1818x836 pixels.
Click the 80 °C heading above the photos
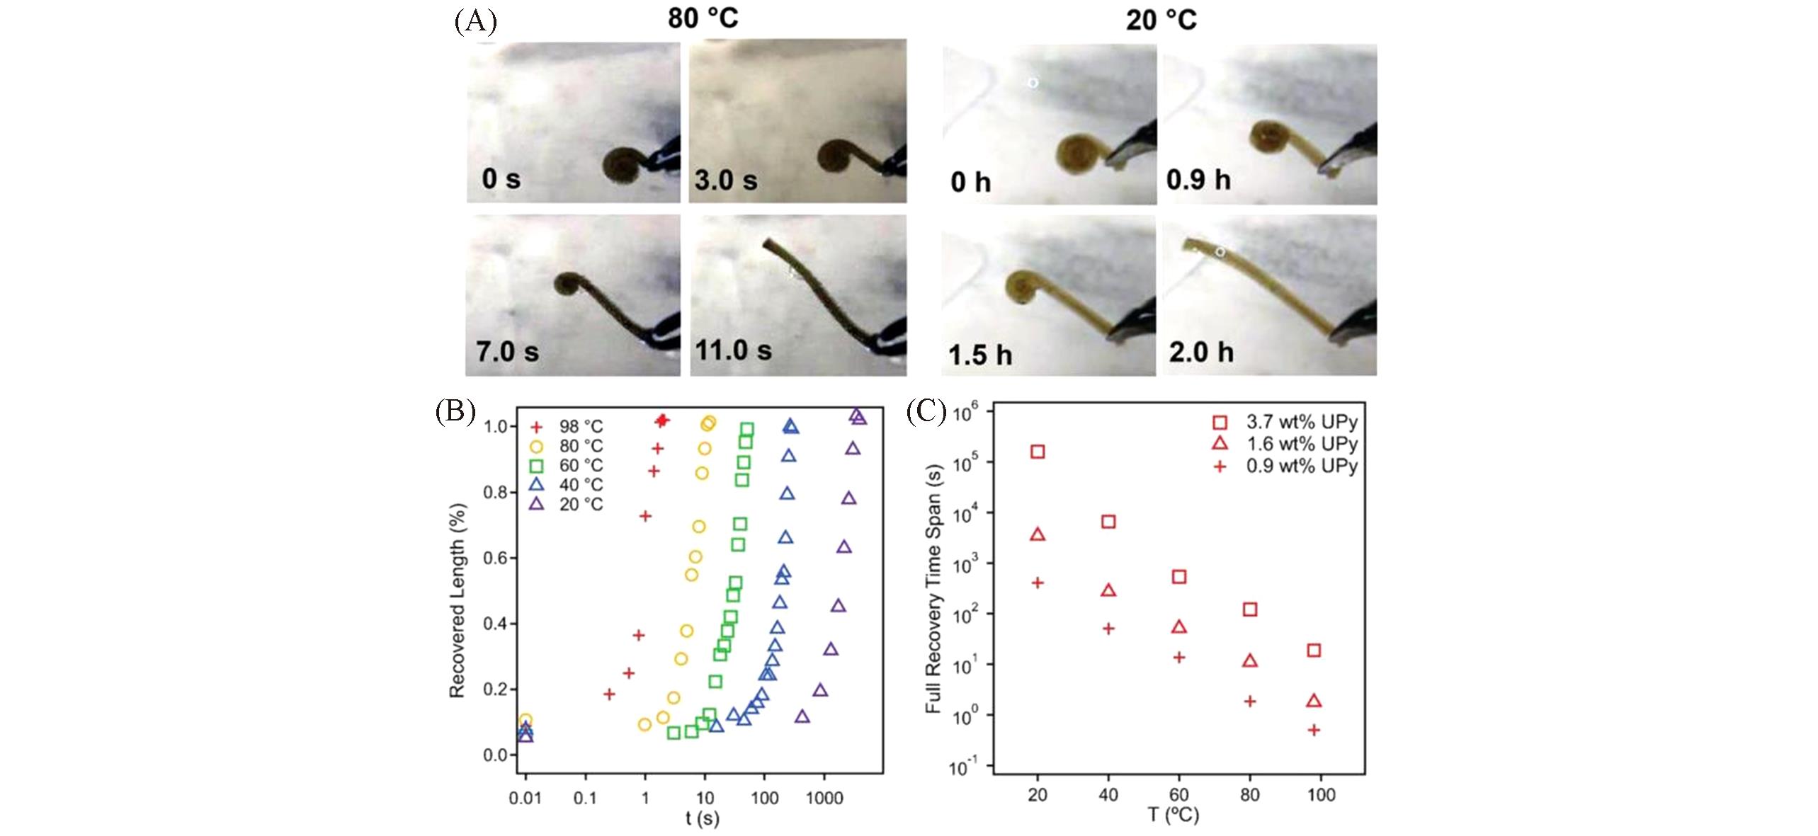pyautogui.click(x=703, y=18)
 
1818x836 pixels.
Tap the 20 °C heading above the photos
pyautogui.click(x=1161, y=20)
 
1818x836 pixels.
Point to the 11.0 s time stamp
pyautogui.click(x=733, y=350)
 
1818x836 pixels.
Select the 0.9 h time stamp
pyautogui.click(x=1198, y=180)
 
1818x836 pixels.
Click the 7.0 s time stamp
pyautogui.click(x=507, y=351)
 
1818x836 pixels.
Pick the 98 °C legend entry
pyautogui.click(x=567, y=427)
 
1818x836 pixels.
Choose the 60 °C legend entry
pyautogui.click(x=567, y=466)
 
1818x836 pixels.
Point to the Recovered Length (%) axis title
pyautogui.click(x=458, y=600)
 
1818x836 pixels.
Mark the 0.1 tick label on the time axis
pyautogui.click(x=585, y=798)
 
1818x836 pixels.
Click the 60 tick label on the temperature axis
pyautogui.click(x=1179, y=795)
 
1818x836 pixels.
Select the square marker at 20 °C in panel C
pyautogui.click(x=1038, y=452)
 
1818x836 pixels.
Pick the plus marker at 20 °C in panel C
pyautogui.click(x=1038, y=583)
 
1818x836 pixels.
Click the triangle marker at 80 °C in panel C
pyautogui.click(x=1250, y=660)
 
